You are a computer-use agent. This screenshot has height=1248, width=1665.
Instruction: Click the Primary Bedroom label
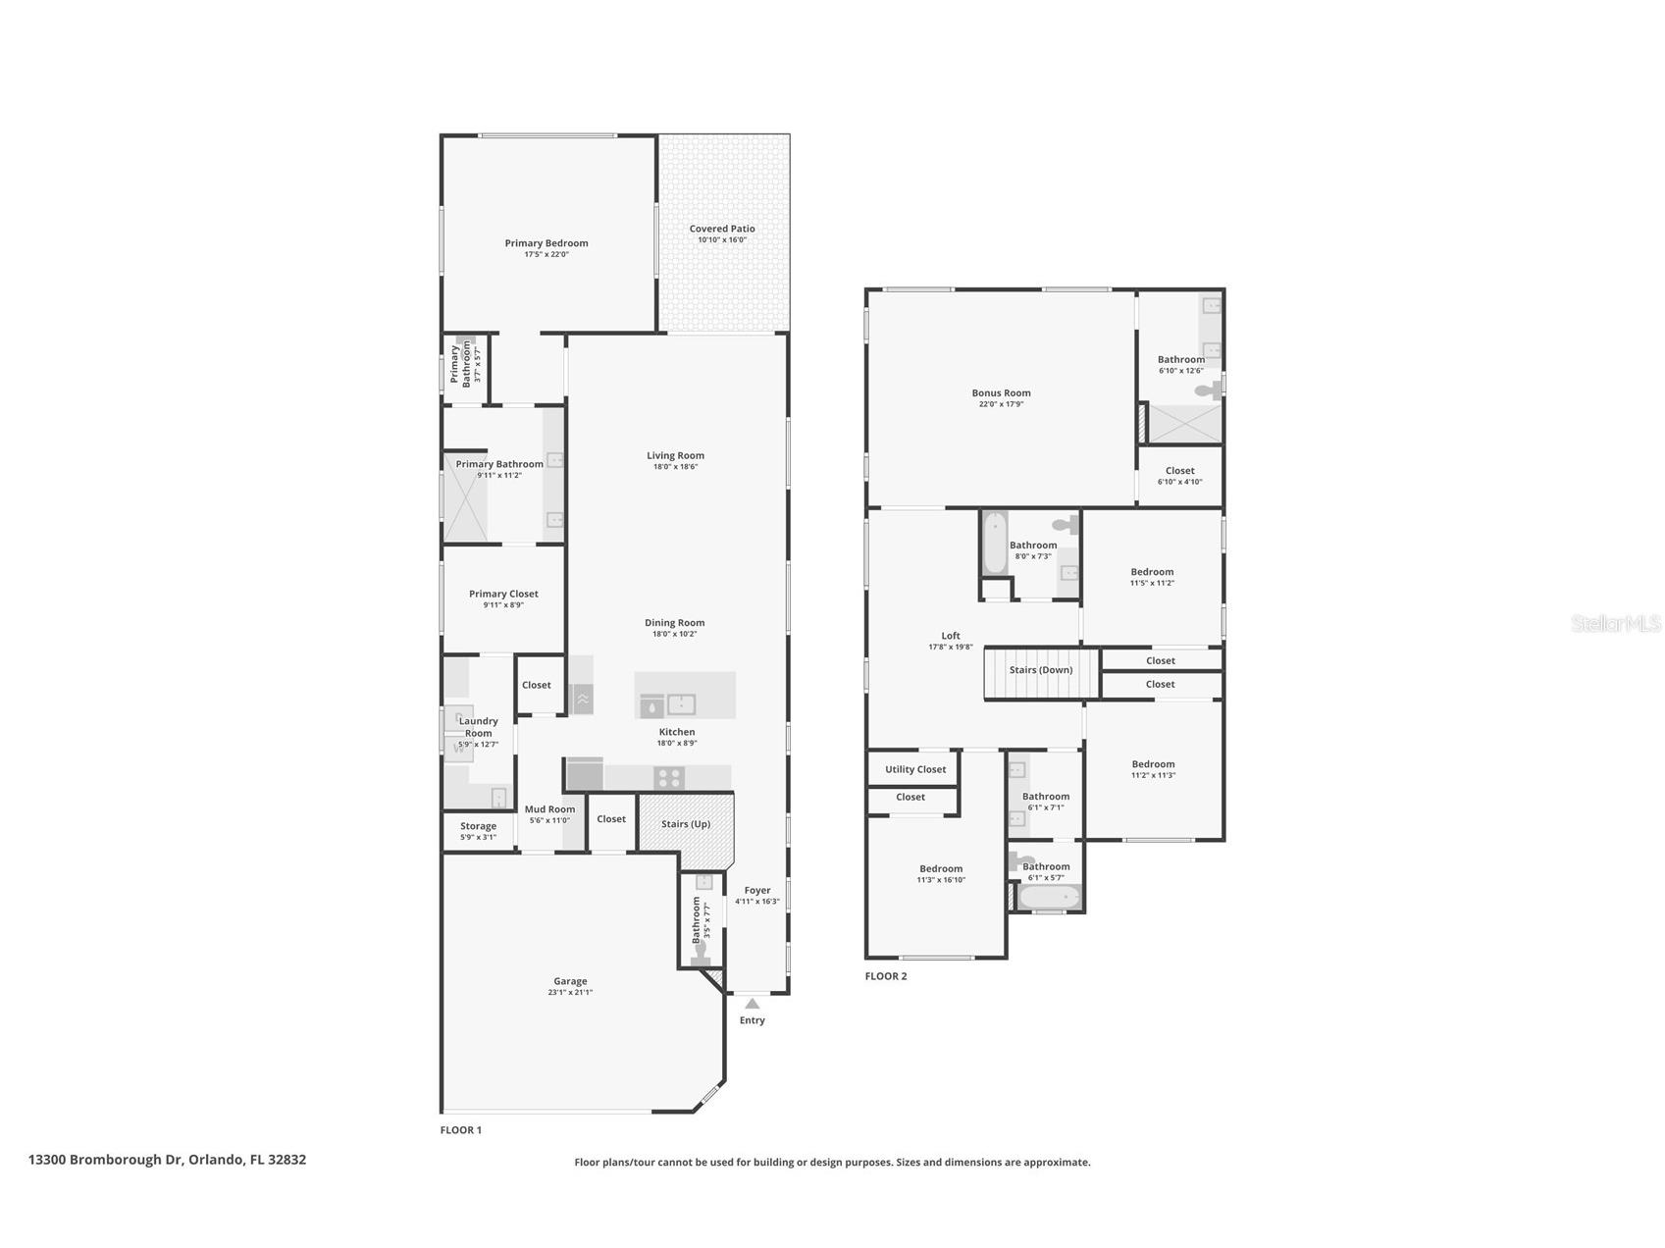pyautogui.click(x=546, y=243)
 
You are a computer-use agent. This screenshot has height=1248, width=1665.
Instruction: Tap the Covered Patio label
pyautogui.click(x=722, y=229)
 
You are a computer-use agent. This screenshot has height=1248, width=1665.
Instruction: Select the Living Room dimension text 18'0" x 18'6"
pyautogui.click(x=675, y=467)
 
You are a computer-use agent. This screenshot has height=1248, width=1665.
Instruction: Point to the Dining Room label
pyautogui.click(x=675, y=623)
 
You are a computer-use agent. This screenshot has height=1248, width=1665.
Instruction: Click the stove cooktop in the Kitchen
pyautogui.click(x=669, y=778)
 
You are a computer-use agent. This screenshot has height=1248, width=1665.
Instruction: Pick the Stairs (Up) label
pyautogui.click(x=686, y=824)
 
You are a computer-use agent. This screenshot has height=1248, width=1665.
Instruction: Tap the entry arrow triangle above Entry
pyautogui.click(x=752, y=1004)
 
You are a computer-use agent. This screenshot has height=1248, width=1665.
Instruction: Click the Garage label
pyautogui.click(x=570, y=981)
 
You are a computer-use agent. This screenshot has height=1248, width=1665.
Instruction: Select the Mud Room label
pyautogui.click(x=549, y=809)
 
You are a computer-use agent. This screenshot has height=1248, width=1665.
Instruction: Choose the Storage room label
pyautogui.click(x=478, y=826)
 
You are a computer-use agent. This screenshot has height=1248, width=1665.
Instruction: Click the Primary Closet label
pyautogui.click(x=503, y=594)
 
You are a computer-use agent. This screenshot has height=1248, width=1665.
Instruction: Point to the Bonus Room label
pyautogui.click(x=1001, y=393)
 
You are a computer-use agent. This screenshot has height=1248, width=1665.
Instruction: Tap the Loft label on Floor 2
pyautogui.click(x=951, y=636)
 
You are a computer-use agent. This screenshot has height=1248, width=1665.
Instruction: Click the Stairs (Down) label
pyautogui.click(x=1041, y=670)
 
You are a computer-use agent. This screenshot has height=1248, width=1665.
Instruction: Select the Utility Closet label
pyautogui.click(x=915, y=769)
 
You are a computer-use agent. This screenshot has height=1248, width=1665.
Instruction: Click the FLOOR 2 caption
pyautogui.click(x=886, y=976)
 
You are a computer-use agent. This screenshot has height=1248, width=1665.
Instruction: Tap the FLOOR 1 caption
pyautogui.click(x=461, y=1130)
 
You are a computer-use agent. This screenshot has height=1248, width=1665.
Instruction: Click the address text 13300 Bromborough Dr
pyautogui.click(x=105, y=1160)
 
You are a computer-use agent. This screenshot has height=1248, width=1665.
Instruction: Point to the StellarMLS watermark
pyautogui.click(x=1616, y=623)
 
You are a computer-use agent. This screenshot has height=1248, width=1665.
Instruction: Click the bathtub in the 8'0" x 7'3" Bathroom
pyautogui.click(x=994, y=543)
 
